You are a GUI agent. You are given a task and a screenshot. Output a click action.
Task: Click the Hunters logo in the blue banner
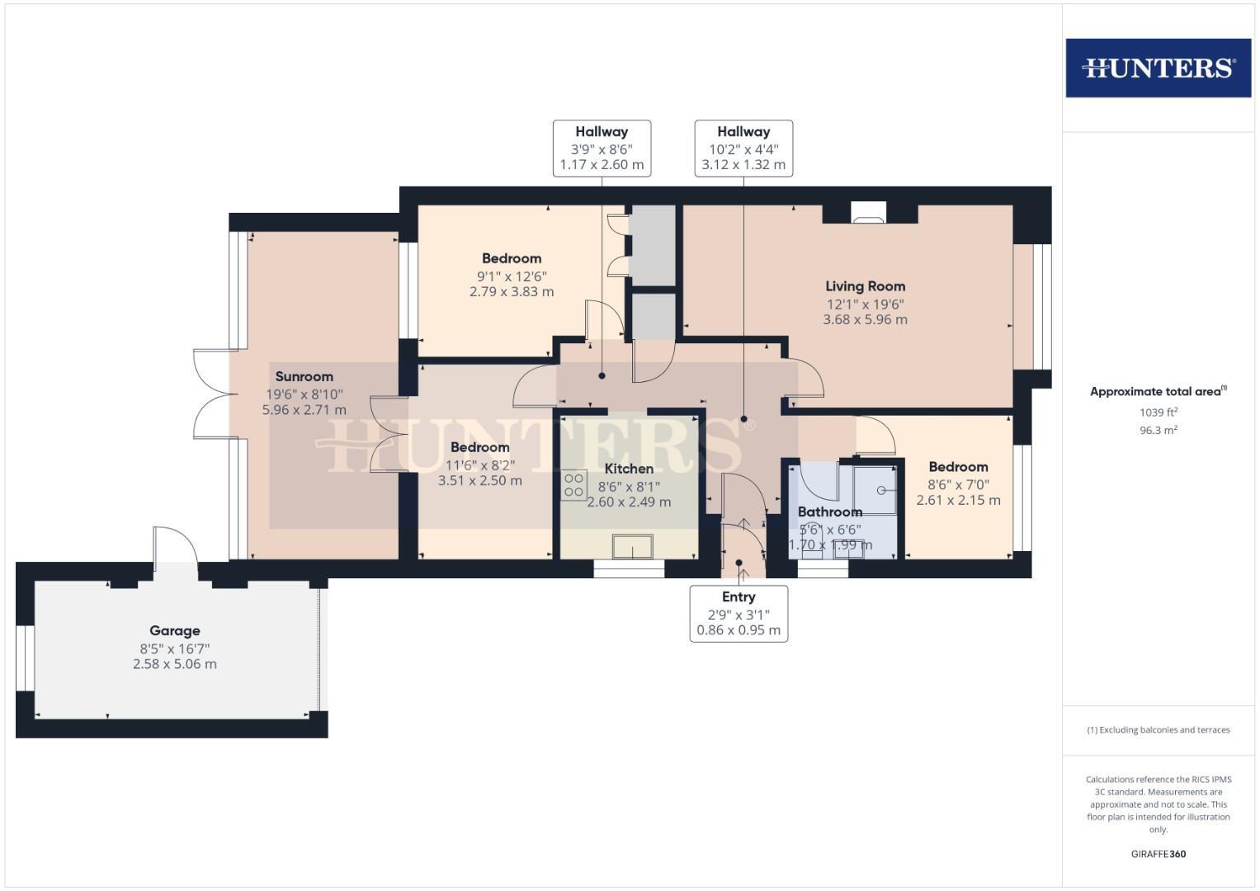(x=1158, y=68)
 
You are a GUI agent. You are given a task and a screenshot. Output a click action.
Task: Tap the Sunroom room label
(x=304, y=377)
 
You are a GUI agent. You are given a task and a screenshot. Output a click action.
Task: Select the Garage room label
(x=174, y=631)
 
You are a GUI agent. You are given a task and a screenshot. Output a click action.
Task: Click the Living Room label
(x=865, y=286)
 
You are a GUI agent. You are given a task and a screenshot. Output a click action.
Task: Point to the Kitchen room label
(x=629, y=469)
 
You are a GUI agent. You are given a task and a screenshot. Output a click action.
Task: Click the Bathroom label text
(x=829, y=512)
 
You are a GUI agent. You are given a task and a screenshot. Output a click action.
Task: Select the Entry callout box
(x=739, y=613)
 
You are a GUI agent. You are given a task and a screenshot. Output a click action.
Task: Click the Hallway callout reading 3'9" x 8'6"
(x=602, y=148)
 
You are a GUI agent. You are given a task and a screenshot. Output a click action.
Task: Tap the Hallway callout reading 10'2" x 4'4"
(x=743, y=148)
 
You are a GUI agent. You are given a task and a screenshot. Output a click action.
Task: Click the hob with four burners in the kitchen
(x=573, y=484)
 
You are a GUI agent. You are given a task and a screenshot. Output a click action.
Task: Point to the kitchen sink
(x=632, y=547)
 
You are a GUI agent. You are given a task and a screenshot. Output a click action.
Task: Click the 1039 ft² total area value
(x=1158, y=412)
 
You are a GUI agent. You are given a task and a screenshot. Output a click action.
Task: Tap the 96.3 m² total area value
(x=1158, y=430)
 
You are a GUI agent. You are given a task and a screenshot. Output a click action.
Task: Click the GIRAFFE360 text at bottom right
(x=1158, y=854)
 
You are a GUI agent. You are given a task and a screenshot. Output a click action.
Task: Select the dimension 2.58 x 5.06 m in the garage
(x=174, y=664)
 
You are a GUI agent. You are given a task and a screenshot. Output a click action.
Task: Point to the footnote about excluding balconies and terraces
(x=1158, y=730)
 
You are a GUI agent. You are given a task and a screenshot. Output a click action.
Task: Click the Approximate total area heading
(x=1157, y=392)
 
